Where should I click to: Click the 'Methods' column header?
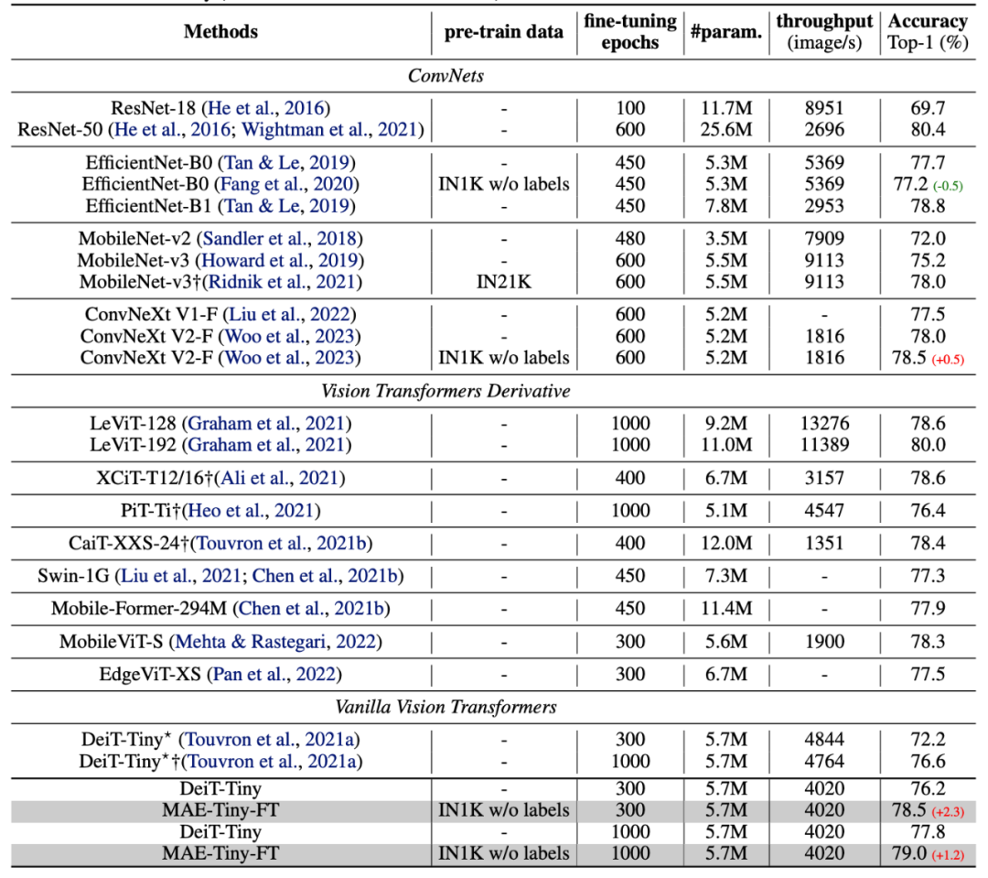click(x=220, y=32)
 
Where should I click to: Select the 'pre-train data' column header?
click(x=504, y=32)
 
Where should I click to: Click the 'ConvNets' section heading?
click(x=446, y=76)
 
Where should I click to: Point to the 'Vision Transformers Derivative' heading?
click(x=446, y=391)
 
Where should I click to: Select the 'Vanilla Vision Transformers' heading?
click(x=446, y=707)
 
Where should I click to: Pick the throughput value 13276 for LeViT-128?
click(x=824, y=424)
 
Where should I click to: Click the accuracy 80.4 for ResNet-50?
click(x=928, y=130)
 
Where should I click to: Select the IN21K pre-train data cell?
click(x=504, y=282)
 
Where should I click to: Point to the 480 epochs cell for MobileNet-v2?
click(x=630, y=238)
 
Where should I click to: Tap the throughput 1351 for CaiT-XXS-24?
click(x=824, y=543)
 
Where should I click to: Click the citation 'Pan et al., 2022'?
click(x=274, y=675)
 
